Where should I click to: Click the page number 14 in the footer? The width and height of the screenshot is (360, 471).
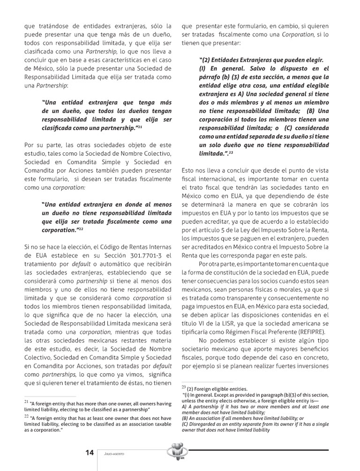point(90,452)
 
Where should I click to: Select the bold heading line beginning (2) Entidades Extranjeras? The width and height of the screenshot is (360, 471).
point(261,60)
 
